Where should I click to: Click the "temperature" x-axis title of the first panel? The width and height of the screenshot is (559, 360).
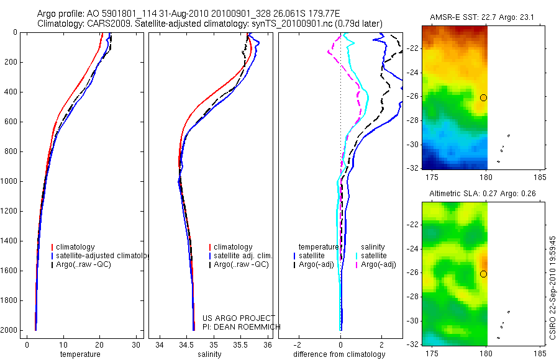[x=80, y=354]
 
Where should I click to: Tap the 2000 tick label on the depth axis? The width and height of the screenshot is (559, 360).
[x=9, y=330]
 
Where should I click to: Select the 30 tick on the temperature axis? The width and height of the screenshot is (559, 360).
[x=136, y=344]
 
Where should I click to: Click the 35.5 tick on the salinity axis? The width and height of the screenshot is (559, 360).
[x=241, y=344]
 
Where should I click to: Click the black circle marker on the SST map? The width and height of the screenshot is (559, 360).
[x=483, y=97]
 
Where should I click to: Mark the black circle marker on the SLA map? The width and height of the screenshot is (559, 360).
[x=483, y=274]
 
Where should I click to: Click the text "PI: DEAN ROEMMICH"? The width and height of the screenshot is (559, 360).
[x=242, y=326]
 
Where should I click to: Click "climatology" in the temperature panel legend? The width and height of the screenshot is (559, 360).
[x=80, y=247]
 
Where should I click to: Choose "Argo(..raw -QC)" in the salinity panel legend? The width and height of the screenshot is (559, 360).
[x=241, y=264]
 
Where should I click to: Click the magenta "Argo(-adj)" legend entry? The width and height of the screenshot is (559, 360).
[x=379, y=264]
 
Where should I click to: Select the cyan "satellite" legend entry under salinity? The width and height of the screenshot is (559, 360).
[x=375, y=256]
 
